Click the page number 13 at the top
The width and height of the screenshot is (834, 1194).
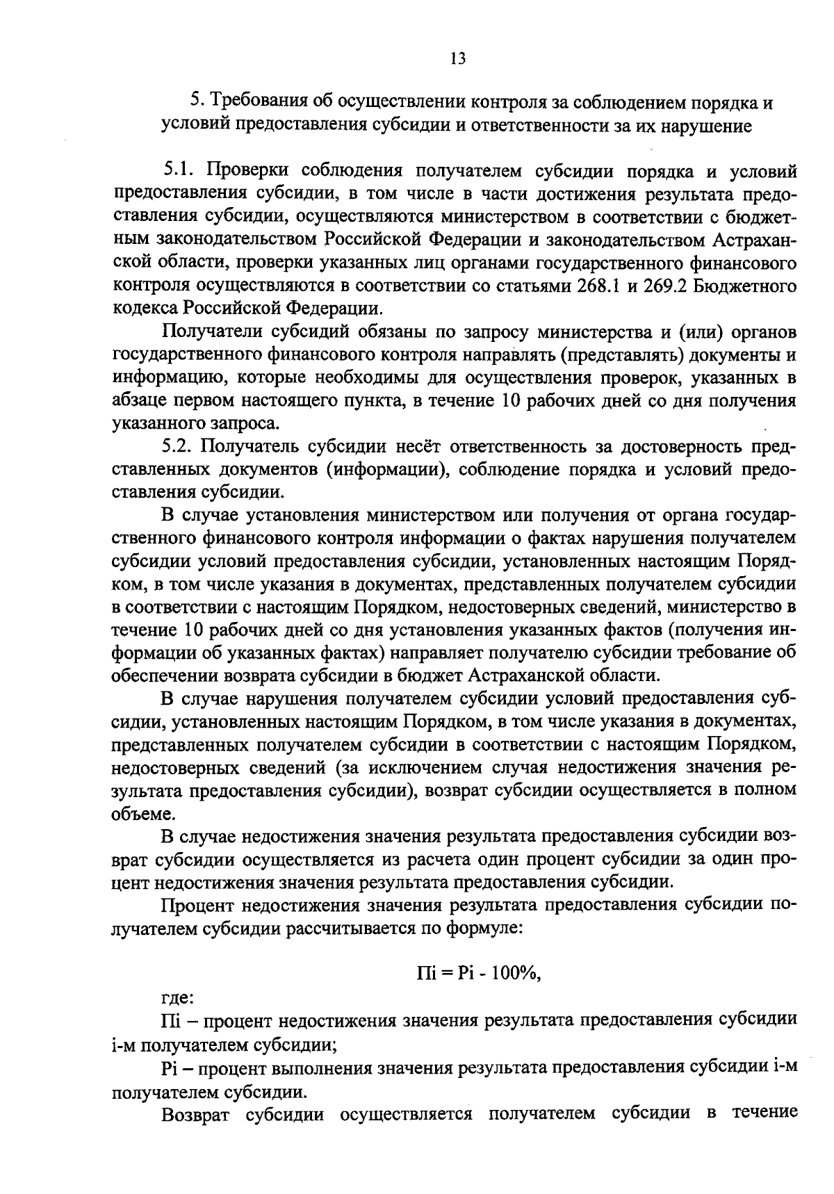pyautogui.click(x=457, y=58)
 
